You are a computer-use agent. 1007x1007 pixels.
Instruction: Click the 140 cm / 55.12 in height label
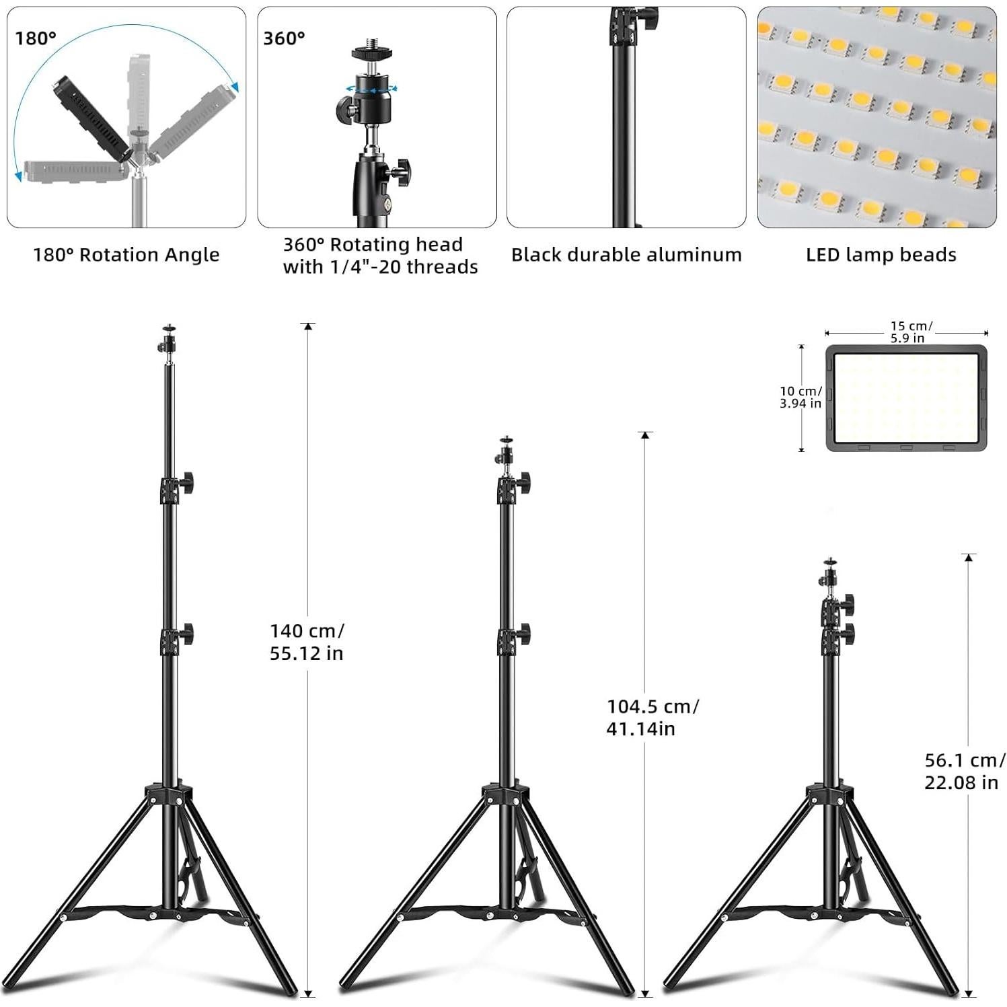307,642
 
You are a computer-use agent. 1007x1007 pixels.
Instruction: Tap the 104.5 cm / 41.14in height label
652,717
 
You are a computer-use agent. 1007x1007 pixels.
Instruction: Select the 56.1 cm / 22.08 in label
964,771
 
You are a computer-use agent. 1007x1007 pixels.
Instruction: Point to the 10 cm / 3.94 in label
800,397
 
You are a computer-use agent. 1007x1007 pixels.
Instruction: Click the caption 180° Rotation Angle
126,255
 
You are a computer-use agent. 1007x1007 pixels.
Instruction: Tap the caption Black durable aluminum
626,255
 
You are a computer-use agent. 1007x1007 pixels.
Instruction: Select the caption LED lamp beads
881,255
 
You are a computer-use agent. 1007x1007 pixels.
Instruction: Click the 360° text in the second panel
284,38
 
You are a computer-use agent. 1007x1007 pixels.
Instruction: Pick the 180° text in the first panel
36,38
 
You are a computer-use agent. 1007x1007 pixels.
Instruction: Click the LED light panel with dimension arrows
907,398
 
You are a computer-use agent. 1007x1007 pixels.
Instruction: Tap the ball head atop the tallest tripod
167,341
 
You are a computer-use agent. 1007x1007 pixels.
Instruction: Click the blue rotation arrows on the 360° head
371,87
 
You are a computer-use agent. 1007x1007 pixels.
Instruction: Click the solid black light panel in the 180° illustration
87,115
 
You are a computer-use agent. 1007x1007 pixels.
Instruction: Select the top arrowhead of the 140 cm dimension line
308,326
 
